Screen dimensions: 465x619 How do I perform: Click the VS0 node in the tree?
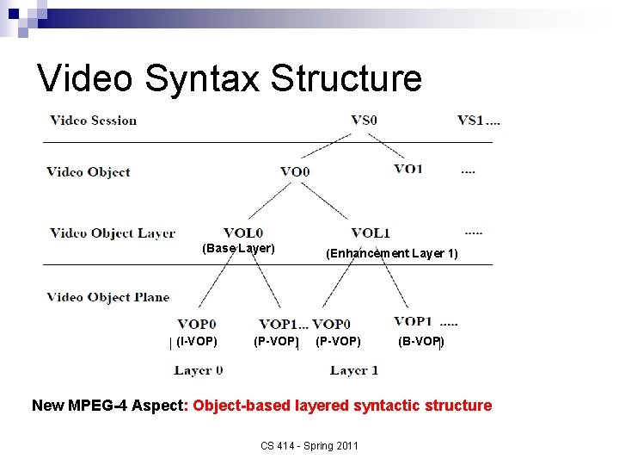coord(364,121)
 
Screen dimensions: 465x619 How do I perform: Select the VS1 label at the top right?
coord(470,121)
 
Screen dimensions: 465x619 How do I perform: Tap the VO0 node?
coord(295,171)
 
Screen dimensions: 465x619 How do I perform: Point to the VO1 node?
coord(408,169)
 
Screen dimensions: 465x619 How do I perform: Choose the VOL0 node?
coord(243,232)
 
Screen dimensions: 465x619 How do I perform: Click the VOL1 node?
coord(371,232)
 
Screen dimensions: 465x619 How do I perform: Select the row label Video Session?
coord(94,121)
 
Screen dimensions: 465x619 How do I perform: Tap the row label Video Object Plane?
coord(108,298)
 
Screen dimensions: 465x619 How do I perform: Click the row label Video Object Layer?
coord(112,232)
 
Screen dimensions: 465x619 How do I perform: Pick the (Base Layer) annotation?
coord(238,249)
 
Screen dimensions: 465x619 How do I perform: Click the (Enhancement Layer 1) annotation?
coord(391,253)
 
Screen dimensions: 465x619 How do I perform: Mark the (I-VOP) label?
coord(196,342)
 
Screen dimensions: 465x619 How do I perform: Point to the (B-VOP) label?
coord(420,342)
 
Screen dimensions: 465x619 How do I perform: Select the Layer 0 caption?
coord(198,370)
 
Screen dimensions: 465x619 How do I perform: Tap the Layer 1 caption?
coord(354,370)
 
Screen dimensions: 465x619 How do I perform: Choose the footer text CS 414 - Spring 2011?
coord(309,445)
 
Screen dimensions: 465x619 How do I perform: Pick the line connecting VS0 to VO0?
coord(329,146)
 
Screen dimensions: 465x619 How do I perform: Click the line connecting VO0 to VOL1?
coord(334,202)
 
